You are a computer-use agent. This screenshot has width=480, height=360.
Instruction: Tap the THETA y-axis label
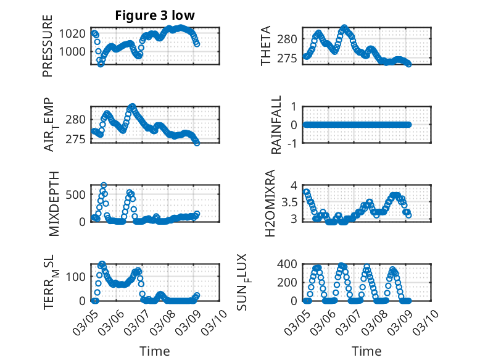[266, 46]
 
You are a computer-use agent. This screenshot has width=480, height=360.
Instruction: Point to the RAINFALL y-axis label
[277, 125]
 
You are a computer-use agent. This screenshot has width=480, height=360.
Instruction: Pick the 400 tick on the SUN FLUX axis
[289, 264]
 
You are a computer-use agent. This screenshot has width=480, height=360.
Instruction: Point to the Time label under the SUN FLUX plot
[366, 351]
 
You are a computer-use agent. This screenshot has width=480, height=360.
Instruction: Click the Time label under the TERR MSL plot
[154, 351]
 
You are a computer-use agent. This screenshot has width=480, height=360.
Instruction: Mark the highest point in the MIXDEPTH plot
[104, 185]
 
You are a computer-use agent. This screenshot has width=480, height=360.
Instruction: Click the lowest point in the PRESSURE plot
[101, 64]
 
